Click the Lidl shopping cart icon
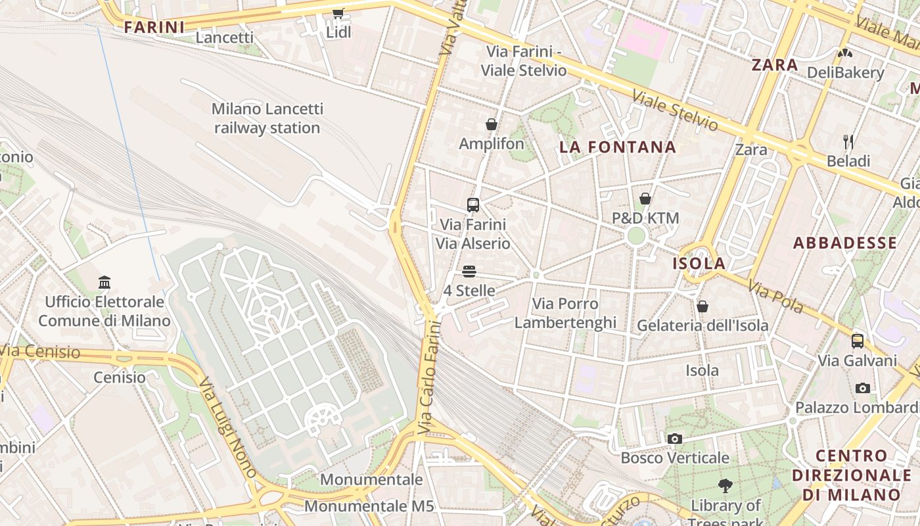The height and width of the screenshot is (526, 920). pyautogui.click(x=338, y=13)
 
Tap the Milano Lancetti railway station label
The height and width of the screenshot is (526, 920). pyautogui.click(x=267, y=118)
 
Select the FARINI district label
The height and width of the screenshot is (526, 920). pyautogui.click(x=154, y=27)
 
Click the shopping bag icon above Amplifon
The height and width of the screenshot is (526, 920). pyautogui.click(x=491, y=124)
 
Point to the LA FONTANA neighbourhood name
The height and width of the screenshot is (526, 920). pyautogui.click(x=618, y=147)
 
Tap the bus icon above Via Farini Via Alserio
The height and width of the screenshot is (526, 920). pyautogui.click(x=472, y=204)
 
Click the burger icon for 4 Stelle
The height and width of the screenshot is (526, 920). pyautogui.click(x=469, y=271)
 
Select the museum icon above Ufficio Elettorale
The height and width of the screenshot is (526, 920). pyautogui.click(x=104, y=283)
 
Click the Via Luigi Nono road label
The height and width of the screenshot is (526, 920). pyautogui.click(x=227, y=427)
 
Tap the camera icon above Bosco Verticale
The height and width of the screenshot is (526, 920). pyautogui.click(x=674, y=439)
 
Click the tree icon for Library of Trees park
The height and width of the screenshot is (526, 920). pyautogui.click(x=725, y=486)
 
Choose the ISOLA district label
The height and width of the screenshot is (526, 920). pyautogui.click(x=699, y=264)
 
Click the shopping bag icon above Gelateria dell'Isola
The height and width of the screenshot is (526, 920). pyautogui.click(x=702, y=306)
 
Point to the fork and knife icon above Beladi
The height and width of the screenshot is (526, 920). pyautogui.click(x=848, y=141)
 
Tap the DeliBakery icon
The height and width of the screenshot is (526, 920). pyautogui.click(x=844, y=53)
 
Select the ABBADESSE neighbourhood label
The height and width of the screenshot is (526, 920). pyautogui.click(x=844, y=243)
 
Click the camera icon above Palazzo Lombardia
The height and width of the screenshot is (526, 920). pyautogui.click(x=862, y=388)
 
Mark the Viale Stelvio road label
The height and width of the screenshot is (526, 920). pyautogui.click(x=675, y=110)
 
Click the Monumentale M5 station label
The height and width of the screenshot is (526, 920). pyautogui.click(x=369, y=506)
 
